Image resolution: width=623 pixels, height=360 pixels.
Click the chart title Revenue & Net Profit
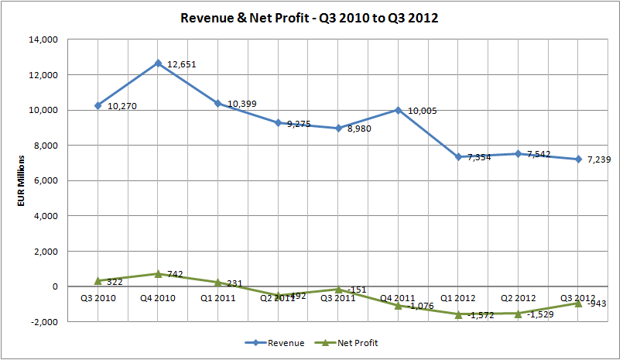[310, 17]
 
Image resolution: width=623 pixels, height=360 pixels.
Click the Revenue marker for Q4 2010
[158, 63]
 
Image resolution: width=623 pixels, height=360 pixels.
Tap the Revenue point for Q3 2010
[98, 105]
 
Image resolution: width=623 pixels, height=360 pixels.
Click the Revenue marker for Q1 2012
[458, 156]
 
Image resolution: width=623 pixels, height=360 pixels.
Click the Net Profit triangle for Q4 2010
[158, 273]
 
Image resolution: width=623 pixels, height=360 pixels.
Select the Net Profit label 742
[174, 276]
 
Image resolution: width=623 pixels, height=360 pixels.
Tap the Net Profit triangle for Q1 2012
[458, 314]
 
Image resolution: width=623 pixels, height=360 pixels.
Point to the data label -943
[596, 303]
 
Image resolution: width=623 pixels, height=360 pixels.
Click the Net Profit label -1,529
[542, 315]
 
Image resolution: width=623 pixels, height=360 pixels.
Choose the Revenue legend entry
[275, 341]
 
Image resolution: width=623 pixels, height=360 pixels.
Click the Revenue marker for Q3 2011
[338, 128]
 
